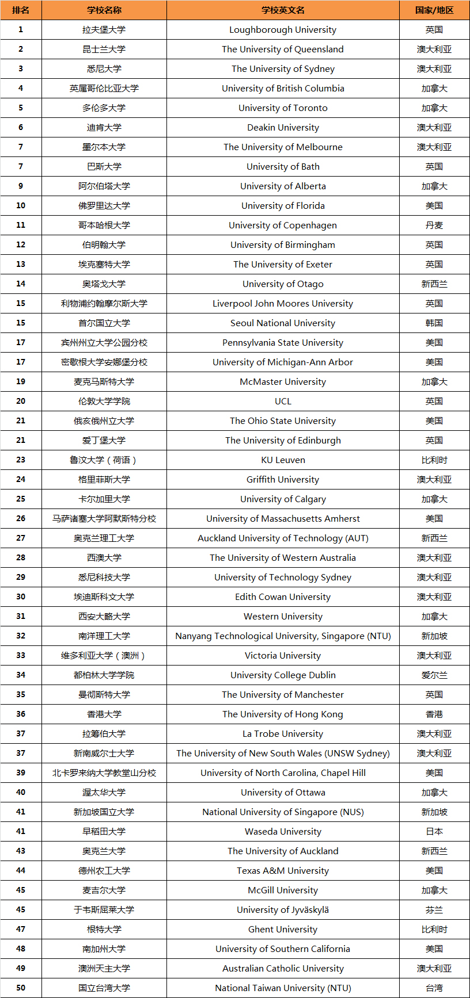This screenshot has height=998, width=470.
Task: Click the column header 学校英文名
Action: pos(283,10)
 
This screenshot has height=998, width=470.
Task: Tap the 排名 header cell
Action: pos(21,10)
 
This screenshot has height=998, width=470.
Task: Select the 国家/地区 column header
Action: pos(434,10)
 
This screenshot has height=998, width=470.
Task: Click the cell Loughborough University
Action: pos(283,30)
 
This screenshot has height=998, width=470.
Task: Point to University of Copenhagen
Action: pos(283,225)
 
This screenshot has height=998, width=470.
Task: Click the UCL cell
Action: pos(283,402)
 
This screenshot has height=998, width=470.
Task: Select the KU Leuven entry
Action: pos(283,460)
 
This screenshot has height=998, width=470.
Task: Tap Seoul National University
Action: pos(283,323)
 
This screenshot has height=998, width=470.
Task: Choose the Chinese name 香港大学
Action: pos(104,714)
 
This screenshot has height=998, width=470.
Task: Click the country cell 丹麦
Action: pos(434,225)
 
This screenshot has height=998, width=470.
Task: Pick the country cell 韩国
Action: pos(434,323)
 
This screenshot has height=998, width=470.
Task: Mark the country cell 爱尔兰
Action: pos(434,675)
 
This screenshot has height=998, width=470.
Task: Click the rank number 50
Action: pos(21,988)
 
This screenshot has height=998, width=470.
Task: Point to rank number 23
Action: pos(21,460)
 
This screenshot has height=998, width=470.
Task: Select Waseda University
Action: pos(283,832)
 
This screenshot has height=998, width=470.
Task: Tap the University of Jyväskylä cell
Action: pos(283,910)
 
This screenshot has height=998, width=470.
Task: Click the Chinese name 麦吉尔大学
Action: pos(104,890)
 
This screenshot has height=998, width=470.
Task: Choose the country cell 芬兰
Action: pos(434,910)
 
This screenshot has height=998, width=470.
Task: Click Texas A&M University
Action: pos(283,871)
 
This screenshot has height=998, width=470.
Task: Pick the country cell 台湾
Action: pos(434,988)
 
